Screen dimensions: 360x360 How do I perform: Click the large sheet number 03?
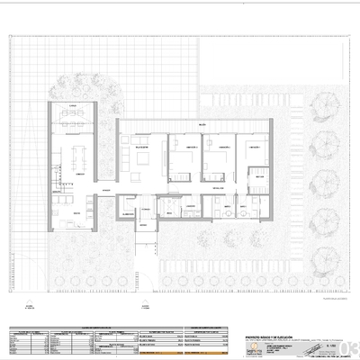click(x=349, y=346)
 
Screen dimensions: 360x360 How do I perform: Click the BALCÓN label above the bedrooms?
click(x=203, y=124)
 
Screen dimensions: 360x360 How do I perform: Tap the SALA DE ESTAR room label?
click(x=142, y=146)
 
